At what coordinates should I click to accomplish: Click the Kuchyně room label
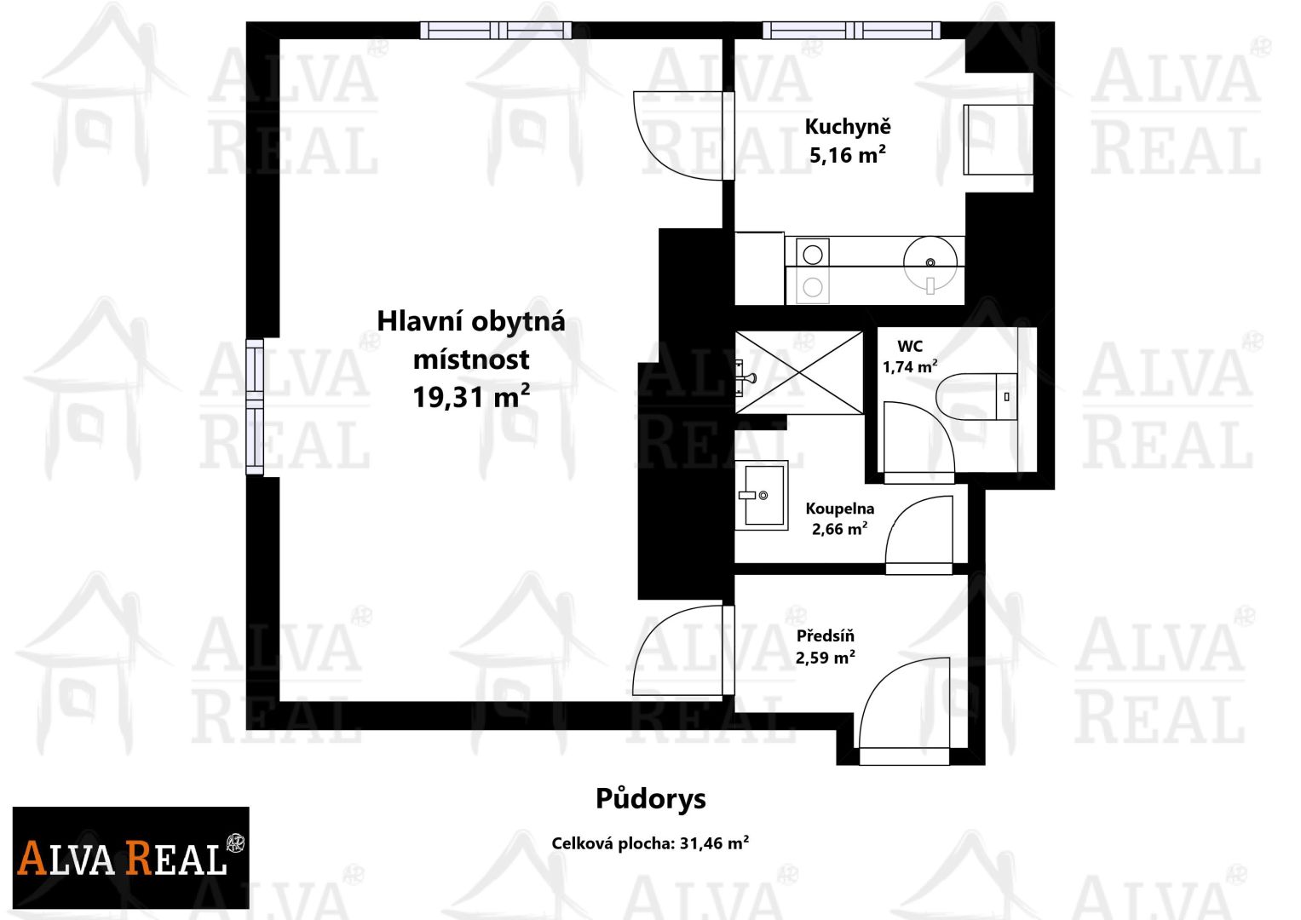pos(848,128)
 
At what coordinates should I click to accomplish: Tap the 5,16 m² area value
pos(848,155)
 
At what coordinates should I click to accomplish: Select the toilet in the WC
pos(977,397)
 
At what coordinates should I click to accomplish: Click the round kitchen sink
pos(930,262)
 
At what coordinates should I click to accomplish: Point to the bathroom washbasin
pos(762,496)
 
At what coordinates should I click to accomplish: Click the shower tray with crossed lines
pos(799,373)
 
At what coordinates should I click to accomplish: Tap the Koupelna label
pos(839,509)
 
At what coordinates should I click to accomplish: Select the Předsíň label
pos(826,636)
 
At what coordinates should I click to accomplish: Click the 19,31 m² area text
pos(471,397)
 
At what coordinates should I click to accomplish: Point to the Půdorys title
pos(651,800)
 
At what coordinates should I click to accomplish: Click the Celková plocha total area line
pos(650,843)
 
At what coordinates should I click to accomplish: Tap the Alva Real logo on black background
pos(130,857)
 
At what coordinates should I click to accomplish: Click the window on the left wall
pos(255,406)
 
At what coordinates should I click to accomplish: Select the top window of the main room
pos(495,30)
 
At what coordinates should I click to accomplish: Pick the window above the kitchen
pos(851,30)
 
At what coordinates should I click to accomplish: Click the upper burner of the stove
pos(813,255)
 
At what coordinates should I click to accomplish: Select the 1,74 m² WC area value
pos(910,367)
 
